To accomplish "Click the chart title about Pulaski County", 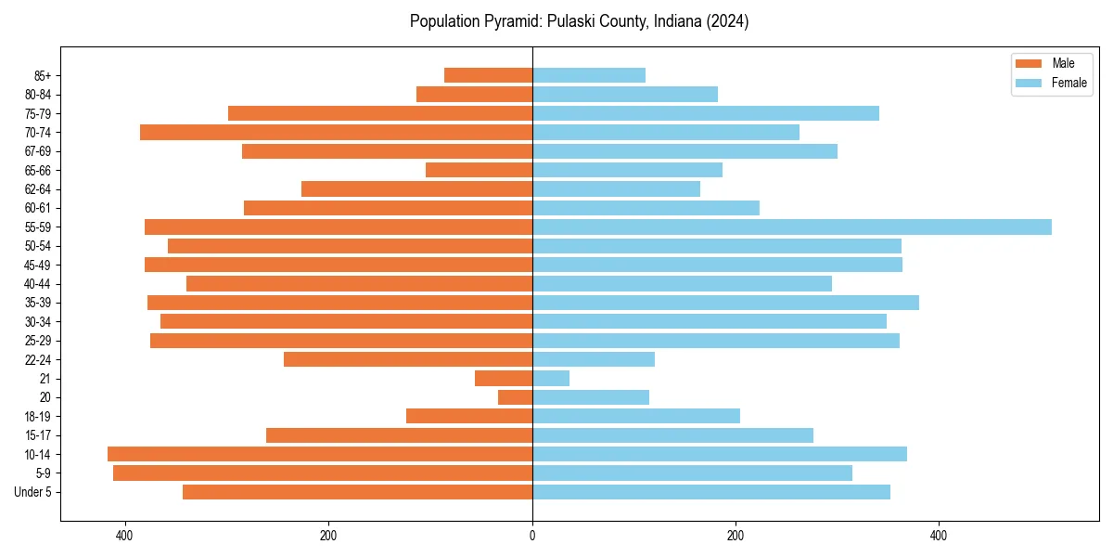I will [579, 21].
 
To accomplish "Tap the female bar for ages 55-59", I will [791, 227].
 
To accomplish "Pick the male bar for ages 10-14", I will [320, 454].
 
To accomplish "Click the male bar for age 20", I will [515, 397].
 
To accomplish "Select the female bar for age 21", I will [551, 379].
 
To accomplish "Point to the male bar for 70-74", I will [336, 133].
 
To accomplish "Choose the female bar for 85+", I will [589, 75].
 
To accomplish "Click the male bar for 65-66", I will [479, 170].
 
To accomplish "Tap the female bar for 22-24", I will [594, 359].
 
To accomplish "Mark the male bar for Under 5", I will [357, 492].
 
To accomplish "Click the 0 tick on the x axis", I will [532, 536].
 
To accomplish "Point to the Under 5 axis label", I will [32, 492].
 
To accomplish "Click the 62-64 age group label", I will [37, 189].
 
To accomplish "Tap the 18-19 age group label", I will [37, 416].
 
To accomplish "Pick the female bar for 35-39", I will [725, 303].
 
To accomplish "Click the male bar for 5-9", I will [323, 473].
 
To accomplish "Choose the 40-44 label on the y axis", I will [37, 284].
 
